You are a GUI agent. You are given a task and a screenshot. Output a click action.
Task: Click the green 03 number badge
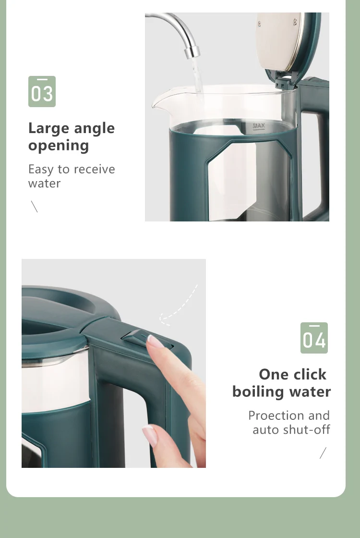(42, 91)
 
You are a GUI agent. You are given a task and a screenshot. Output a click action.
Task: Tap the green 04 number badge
(314, 338)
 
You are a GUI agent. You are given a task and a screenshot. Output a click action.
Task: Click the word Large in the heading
(48, 129)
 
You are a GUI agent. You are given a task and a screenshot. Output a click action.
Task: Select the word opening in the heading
(59, 146)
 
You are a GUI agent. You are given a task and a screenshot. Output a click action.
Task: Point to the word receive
(94, 169)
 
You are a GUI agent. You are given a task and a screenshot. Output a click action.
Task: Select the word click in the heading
(308, 374)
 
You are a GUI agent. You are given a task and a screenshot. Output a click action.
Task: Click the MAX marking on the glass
(259, 126)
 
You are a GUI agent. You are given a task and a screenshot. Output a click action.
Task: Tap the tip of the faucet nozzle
(192, 54)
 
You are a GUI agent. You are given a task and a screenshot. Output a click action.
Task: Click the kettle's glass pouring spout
(158, 100)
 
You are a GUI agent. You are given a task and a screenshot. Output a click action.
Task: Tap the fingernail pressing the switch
(156, 342)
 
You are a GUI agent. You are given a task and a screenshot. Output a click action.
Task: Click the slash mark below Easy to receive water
(34, 207)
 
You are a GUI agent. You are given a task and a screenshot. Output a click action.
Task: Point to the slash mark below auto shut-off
(323, 453)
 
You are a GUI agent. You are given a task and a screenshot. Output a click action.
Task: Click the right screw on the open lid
(295, 21)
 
